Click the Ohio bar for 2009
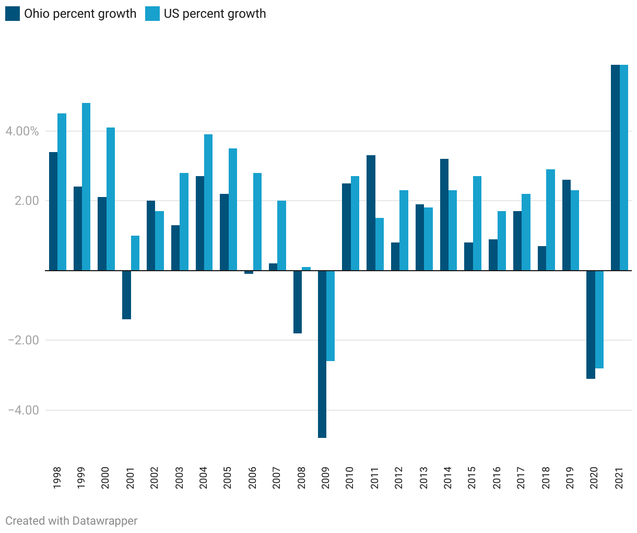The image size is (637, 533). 322,354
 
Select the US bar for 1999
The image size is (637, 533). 86,187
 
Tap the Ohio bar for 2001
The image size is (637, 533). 126,295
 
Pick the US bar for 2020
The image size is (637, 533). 599,319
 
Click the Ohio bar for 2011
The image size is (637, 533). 371,213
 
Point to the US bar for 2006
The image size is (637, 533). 257,222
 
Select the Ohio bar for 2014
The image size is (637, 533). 444,215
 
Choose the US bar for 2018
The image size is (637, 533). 551,219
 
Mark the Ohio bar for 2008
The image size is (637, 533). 298,302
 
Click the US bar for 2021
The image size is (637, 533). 624,168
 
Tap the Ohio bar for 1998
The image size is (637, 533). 53,211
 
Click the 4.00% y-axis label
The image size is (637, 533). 22,131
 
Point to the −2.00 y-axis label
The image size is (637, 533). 23,340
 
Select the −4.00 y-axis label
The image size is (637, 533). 23,410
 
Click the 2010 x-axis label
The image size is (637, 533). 350,478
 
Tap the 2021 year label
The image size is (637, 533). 619,478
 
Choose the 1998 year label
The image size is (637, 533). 57,478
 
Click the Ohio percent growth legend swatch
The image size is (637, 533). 13,14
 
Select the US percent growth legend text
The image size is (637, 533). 215,14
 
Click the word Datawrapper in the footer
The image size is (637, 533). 105,521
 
